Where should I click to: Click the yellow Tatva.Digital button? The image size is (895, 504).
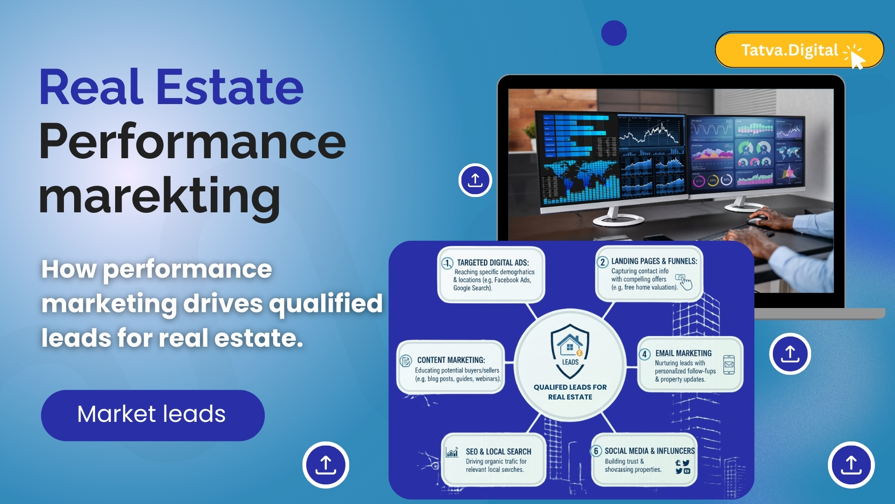click(x=799, y=50)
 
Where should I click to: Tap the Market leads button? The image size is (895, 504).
click(x=152, y=415)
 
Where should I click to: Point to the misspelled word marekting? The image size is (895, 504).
click(x=159, y=196)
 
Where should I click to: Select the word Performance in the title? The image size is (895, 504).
click(x=192, y=141)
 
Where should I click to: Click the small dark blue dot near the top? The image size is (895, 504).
click(x=613, y=33)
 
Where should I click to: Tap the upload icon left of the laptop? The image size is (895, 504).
click(x=475, y=180)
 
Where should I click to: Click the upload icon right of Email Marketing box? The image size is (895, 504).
click(x=790, y=354)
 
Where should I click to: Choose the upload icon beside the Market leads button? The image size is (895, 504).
click(x=325, y=465)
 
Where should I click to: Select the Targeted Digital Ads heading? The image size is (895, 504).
click(x=493, y=263)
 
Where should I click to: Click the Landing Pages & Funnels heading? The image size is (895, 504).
click(x=654, y=261)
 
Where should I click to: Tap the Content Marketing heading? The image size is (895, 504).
click(x=451, y=360)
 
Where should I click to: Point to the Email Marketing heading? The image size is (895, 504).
click(x=683, y=353)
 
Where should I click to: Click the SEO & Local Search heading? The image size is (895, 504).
click(x=498, y=452)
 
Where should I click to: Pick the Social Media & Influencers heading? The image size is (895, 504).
click(x=649, y=451)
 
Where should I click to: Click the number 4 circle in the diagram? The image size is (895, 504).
click(x=644, y=354)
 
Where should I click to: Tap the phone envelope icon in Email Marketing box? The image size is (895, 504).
click(x=729, y=364)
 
